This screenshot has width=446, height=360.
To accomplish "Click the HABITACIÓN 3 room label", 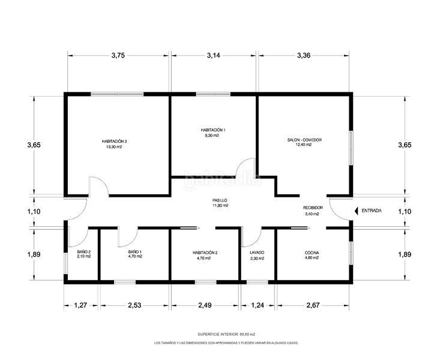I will click(114, 142).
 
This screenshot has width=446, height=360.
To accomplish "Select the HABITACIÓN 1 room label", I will click(213, 130).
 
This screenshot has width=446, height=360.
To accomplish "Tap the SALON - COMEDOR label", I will click(304, 140).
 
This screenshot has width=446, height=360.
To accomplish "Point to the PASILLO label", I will click(220, 200).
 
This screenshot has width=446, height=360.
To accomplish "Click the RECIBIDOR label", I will click(313, 208).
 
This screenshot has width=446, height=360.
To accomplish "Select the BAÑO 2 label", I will click(84, 252).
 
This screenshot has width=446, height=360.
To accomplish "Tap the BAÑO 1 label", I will click(134, 252).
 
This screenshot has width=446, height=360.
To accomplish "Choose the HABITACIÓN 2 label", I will click(205, 253).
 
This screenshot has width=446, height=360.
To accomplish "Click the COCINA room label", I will click(312, 253).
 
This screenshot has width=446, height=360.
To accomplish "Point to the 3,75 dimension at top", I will click(118, 55).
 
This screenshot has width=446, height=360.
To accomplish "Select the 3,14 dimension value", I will click(213, 55).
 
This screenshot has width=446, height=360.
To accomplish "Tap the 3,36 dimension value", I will click(304, 55).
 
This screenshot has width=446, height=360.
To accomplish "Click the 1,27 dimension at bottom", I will click(82, 306).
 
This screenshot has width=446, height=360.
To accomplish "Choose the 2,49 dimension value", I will click(205, 306).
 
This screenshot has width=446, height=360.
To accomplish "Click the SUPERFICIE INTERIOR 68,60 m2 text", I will click(226, 334).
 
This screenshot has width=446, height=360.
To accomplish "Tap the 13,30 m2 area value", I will click(114, 146).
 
